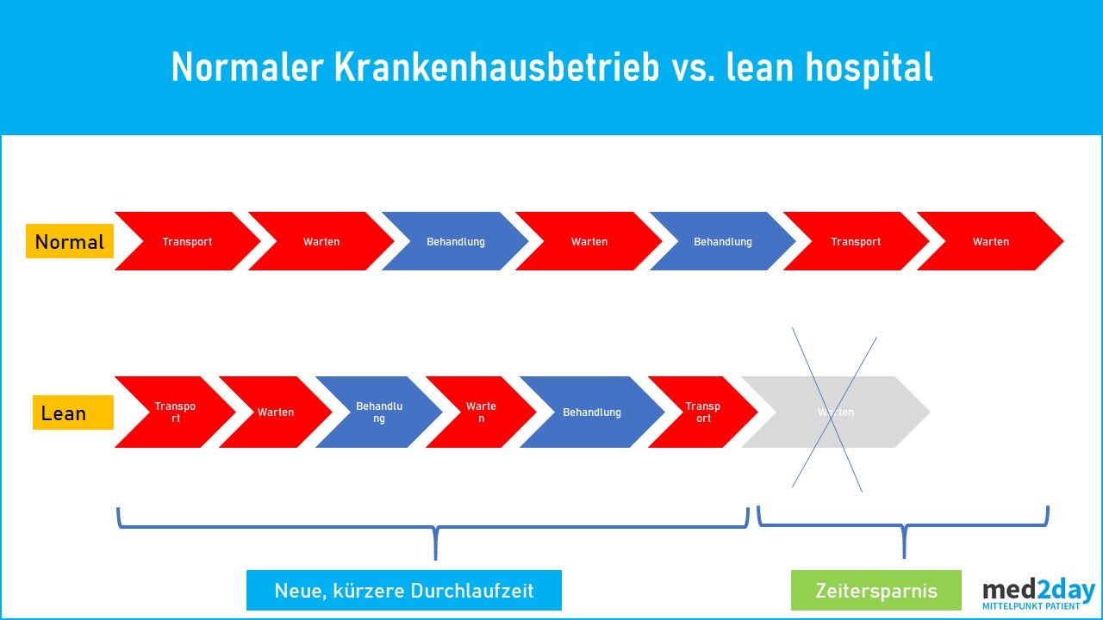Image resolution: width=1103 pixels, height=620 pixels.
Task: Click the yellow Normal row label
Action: (70, 242)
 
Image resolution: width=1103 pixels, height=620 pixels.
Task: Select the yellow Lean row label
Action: (73, 412)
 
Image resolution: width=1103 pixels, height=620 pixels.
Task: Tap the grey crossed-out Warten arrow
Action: (835, 412)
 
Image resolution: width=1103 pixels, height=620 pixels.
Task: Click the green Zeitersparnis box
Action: (876, 591)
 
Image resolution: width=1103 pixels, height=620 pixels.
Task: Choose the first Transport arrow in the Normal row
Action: (187, 242)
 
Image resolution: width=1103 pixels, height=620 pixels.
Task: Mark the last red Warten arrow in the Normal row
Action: (990, 242)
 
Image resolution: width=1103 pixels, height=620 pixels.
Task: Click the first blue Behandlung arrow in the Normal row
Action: (455, 242)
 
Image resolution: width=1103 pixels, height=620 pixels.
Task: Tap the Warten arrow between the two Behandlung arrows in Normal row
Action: (589, 242)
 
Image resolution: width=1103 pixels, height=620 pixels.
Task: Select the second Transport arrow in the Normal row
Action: (856, 242)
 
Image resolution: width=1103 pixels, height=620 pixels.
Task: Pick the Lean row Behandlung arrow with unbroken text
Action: (591, 412)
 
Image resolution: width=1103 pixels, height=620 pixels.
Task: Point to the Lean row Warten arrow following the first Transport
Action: (275, 412)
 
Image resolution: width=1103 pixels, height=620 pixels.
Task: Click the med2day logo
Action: (1038, 591)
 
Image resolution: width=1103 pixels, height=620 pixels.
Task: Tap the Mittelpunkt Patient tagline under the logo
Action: (1031, 606)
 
